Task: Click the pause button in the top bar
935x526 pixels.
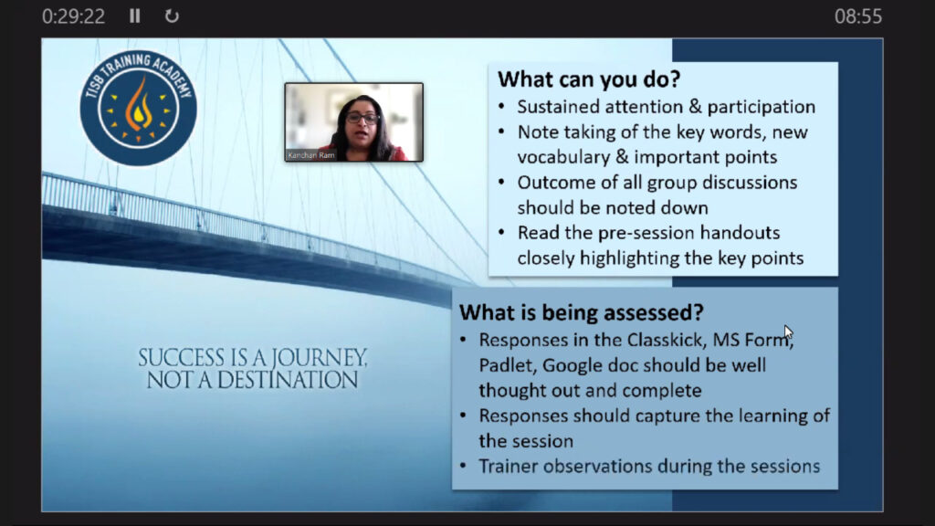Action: pyautogui.click(x=135, y=16)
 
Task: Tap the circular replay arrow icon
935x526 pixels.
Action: pyautogui.click(x=172, y=16)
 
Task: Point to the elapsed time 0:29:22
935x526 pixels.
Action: pyautogui.click(x=73, y=16)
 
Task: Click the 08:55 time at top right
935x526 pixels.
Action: pyautogui.click(x=858, y=16)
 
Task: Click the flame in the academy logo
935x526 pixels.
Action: pyautogui.click(x=139, y=106)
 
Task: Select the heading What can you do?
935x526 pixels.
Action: pyautogui.click(x=589, y=79)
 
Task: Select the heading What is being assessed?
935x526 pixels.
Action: pyautogui.click(x=582, y=312)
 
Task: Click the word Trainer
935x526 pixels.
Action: pyautogui.click(x=508, y=466)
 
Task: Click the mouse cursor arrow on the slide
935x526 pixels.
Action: pyautogui.click(x=788, y=332)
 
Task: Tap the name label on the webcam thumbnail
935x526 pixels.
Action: pyautogui.click(x=311, y=155)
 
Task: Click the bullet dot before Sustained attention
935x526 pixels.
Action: pyautogui.click(x=501, y=107)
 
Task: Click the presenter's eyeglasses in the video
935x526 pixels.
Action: pyautogui.click(x=362, y=118)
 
